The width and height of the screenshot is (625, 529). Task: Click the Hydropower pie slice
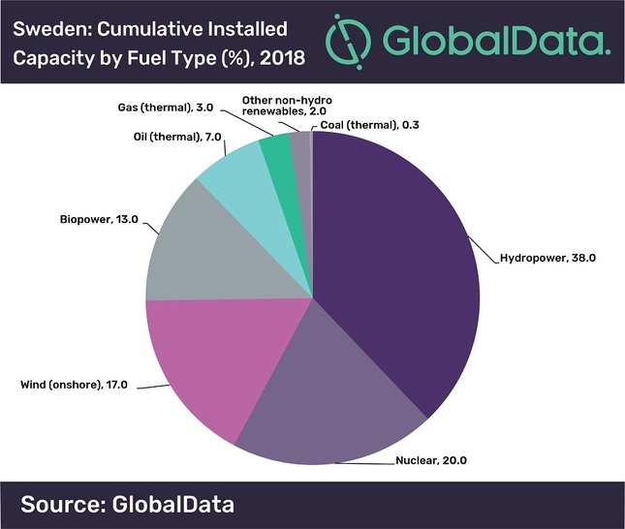[397, 262]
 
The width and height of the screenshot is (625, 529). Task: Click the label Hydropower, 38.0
[546, 259]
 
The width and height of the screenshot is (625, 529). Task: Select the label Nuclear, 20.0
[430, 460]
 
